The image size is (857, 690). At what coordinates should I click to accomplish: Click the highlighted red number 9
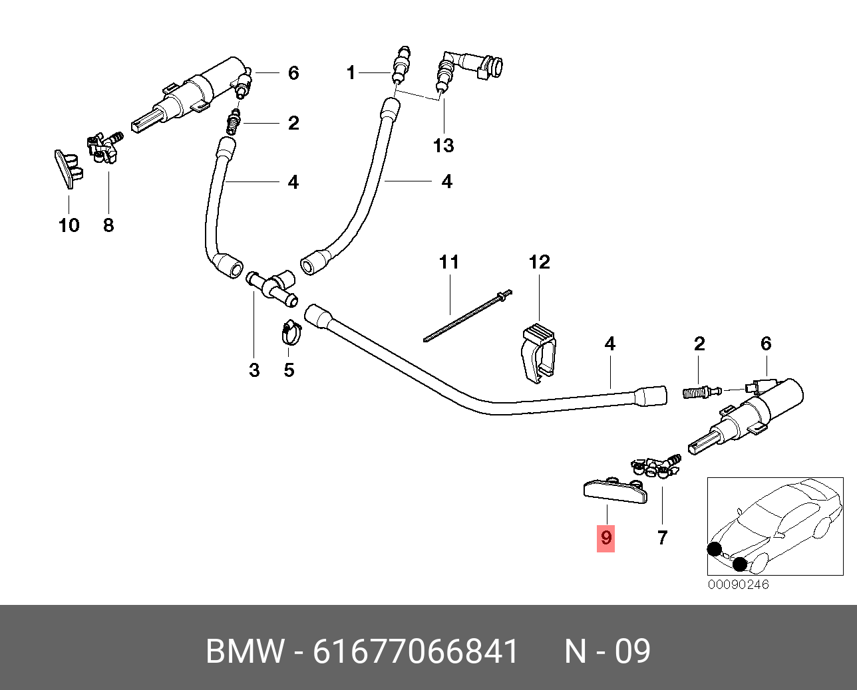coord(605,537)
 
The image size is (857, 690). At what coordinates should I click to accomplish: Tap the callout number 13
coord(443,145)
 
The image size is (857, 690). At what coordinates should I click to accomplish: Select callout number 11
coord(449,262)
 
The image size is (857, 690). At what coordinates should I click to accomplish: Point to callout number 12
coord(540,262)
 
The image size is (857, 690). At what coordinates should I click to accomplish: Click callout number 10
coord(69,225)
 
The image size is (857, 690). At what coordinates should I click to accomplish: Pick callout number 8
coord(108,225)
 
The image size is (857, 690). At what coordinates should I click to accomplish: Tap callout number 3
coord(254,370)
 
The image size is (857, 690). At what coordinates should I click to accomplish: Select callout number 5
coord(289,370)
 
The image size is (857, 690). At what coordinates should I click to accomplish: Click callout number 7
coord(662,537)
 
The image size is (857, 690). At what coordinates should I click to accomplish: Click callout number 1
coord(351,72)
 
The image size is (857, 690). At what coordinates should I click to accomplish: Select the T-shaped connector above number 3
coord(273,287)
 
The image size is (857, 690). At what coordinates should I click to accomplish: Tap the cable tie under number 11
coord(466,316)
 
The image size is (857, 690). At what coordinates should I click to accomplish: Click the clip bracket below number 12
coord(538,353)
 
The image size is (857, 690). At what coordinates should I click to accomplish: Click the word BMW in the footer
coord(245,651)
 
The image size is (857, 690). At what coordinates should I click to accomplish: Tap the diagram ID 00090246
coord(738,585)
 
